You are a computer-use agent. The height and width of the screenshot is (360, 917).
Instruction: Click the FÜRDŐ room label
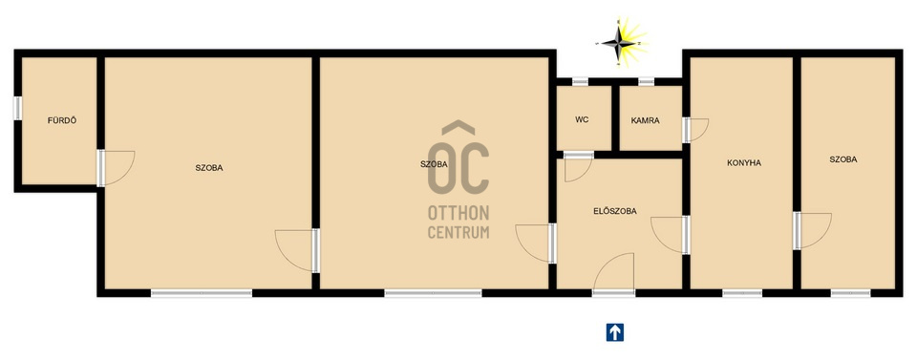click(62, 121)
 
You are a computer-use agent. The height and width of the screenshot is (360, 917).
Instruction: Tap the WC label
click(582, 119)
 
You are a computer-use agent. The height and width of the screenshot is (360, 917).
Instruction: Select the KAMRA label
click(645, 121)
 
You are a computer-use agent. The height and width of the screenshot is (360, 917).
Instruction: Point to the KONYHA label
click(744, 163)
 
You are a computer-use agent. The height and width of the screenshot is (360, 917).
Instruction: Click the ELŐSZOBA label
click(614, 211)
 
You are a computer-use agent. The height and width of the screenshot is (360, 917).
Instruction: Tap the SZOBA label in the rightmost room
click(843, 159)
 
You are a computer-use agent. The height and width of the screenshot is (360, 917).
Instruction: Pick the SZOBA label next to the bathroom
click(209, 168)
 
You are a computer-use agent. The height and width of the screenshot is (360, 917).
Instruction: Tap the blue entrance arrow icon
click(614, 332)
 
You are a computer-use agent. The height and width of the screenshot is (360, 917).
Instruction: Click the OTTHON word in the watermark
click(458, 213)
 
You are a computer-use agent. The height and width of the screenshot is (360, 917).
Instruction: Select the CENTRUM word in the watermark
click(458, 232)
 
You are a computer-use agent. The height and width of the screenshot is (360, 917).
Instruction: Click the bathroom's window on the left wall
click(17, 108)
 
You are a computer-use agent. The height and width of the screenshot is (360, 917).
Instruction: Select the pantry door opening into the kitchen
click(696, 130)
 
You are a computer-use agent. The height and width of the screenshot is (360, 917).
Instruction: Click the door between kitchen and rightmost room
click(813, 231)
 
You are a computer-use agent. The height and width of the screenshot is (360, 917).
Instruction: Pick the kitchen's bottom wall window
click(742, 293)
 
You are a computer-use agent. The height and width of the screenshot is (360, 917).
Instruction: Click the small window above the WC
click(580, 82)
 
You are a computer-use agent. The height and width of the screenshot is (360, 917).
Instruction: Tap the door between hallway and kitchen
click(671, 235)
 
